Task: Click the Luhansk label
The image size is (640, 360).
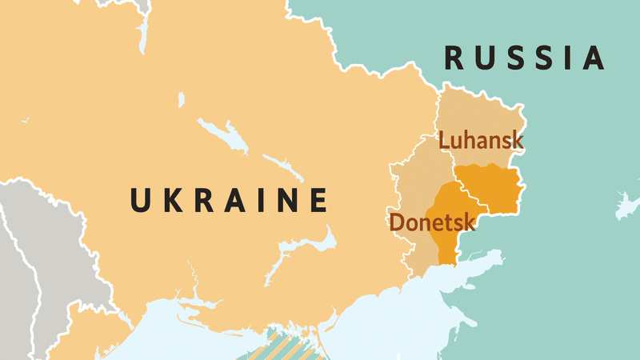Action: [481, 141]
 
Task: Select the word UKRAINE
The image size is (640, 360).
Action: [229, 200]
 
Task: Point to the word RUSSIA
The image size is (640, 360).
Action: [524, 58]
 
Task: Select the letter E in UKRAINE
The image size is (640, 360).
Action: [318, 200]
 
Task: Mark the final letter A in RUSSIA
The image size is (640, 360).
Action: [593, 58]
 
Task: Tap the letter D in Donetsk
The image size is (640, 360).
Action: [396, 222]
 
